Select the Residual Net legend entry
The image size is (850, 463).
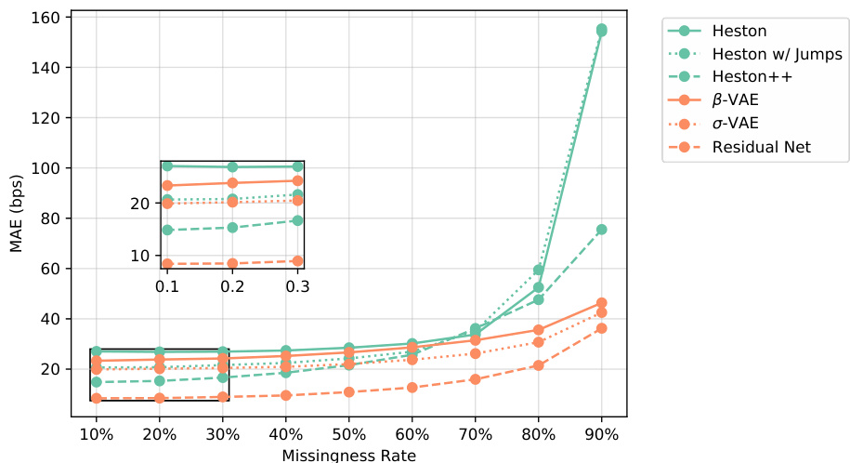tap(761, 147)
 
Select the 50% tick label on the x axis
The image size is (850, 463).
tap(348, 435)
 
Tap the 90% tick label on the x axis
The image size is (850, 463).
tap(601, 435)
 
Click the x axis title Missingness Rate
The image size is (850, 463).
tap(348, 455)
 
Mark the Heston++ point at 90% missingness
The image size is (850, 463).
tap(601, 230)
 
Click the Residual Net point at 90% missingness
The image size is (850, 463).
tap(601, 328)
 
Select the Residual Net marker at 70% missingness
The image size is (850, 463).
tap(475, 379)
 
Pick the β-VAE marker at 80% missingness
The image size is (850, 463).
tap(538, 330)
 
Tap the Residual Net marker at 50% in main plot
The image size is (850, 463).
tap(348, 391)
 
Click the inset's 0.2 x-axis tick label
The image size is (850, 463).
tap(232, 287)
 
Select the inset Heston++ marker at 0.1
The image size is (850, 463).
tap(167, 230)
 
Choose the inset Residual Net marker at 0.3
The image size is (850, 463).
tap(297, 261)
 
